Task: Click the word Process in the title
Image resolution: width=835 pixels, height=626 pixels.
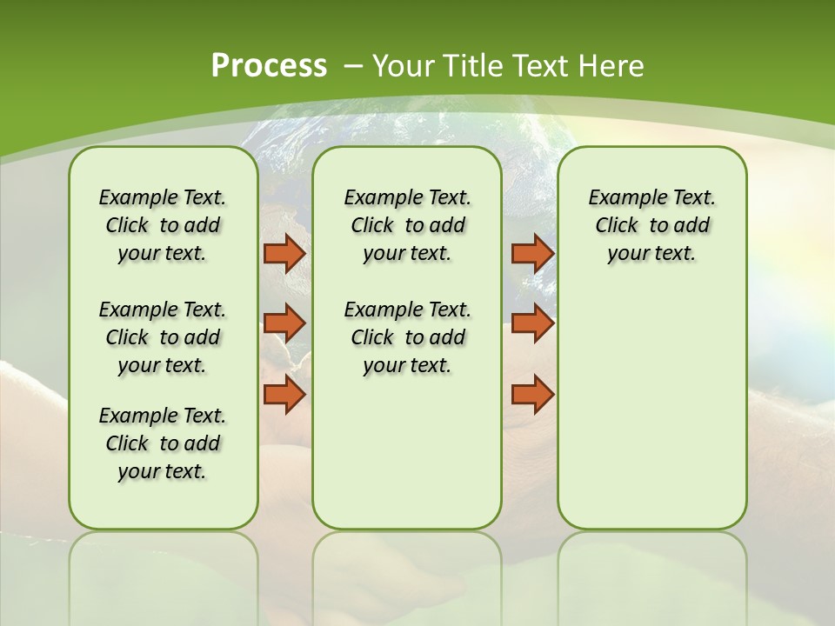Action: pos(269,66)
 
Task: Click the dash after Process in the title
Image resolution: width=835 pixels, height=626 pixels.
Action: pos(354,66)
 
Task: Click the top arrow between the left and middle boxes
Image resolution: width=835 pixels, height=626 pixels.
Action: pos(284,253)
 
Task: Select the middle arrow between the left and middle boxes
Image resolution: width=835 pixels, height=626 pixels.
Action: pos(284,323)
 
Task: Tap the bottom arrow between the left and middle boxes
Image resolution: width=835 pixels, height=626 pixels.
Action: pos(284,394)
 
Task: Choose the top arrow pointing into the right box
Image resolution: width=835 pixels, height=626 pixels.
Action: pos(532,253)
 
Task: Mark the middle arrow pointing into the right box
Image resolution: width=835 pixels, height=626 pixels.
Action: pos(532,323)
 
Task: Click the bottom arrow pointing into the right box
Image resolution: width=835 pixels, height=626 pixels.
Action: pos(532,394)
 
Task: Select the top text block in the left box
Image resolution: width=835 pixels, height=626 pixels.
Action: pos(163,225)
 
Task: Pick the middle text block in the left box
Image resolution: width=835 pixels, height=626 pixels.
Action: pos(163,337)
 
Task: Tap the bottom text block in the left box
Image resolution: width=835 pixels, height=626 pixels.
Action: pos(163,443)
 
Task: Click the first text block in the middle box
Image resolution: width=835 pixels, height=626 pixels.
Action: pos(407,225)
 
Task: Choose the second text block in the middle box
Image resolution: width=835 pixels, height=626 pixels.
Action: pos(407,337)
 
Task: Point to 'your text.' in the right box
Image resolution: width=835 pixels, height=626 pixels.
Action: pos(651,253)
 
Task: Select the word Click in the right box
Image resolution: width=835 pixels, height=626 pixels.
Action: pos(617,225)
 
